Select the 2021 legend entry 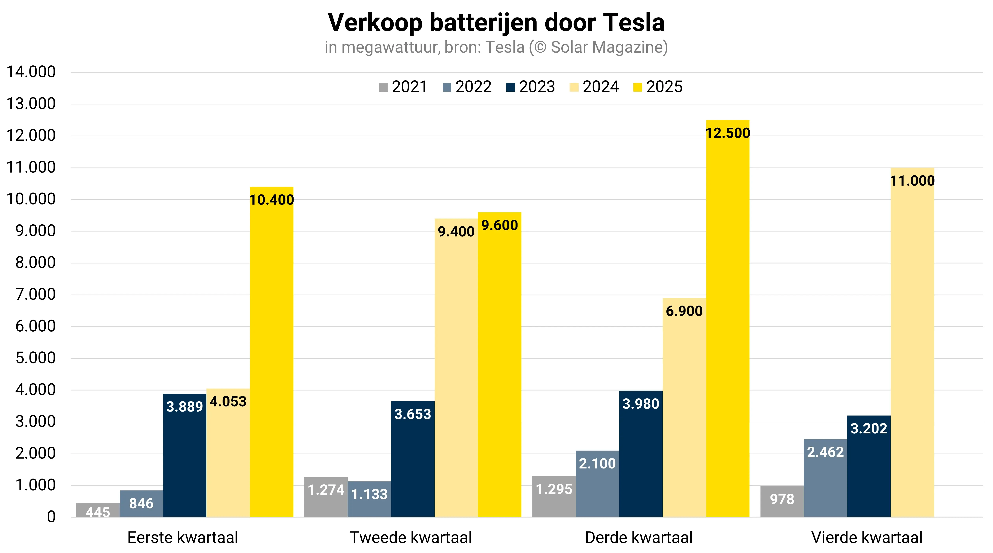403,87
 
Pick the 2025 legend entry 657,87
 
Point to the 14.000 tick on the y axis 31,72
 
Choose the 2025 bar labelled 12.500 727,320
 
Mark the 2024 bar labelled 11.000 912,343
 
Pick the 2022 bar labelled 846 141,504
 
